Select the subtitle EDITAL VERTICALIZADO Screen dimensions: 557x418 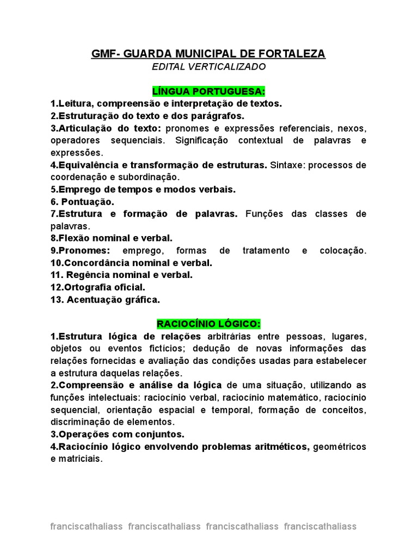[x=209, y=67]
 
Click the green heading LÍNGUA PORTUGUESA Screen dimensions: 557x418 [x=209, y=90]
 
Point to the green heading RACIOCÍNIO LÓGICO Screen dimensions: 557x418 [x=209, y=324]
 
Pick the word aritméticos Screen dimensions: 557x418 [x=276, y=447]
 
